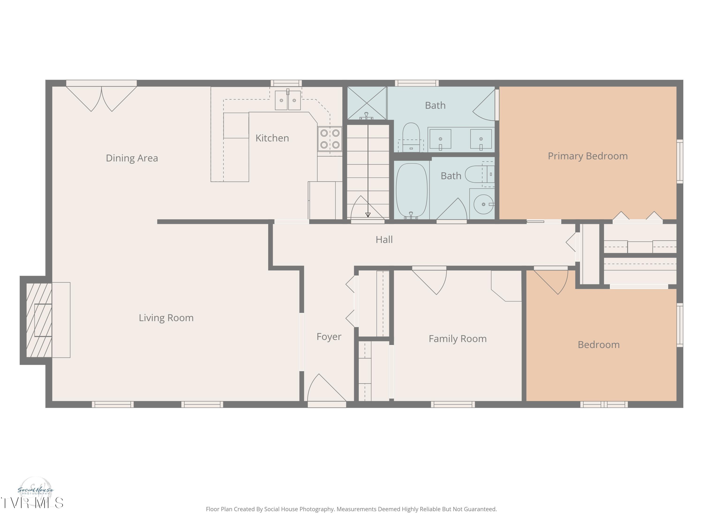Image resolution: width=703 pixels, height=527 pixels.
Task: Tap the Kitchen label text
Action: click(272, 138)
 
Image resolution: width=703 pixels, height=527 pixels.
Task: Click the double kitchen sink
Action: click(288, 100)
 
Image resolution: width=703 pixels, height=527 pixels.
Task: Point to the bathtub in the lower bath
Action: click(411, 191)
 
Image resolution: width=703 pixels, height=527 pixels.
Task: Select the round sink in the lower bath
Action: click(483, 204)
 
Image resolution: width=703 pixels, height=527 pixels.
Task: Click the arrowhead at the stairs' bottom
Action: click(368, 215)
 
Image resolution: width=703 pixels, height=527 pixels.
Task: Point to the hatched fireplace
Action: click(39, 320)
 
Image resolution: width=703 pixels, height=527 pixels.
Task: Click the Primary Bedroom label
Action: click(587, 156)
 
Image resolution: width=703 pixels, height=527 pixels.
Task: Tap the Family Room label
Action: click(457, 339)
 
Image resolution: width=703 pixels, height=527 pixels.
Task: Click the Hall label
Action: click(384, 240)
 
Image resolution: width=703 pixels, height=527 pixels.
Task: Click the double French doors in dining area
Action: click(101, 97)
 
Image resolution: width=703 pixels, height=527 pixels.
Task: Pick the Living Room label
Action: click(166, 318)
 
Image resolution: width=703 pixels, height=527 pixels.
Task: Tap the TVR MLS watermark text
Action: click(32, 503)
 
